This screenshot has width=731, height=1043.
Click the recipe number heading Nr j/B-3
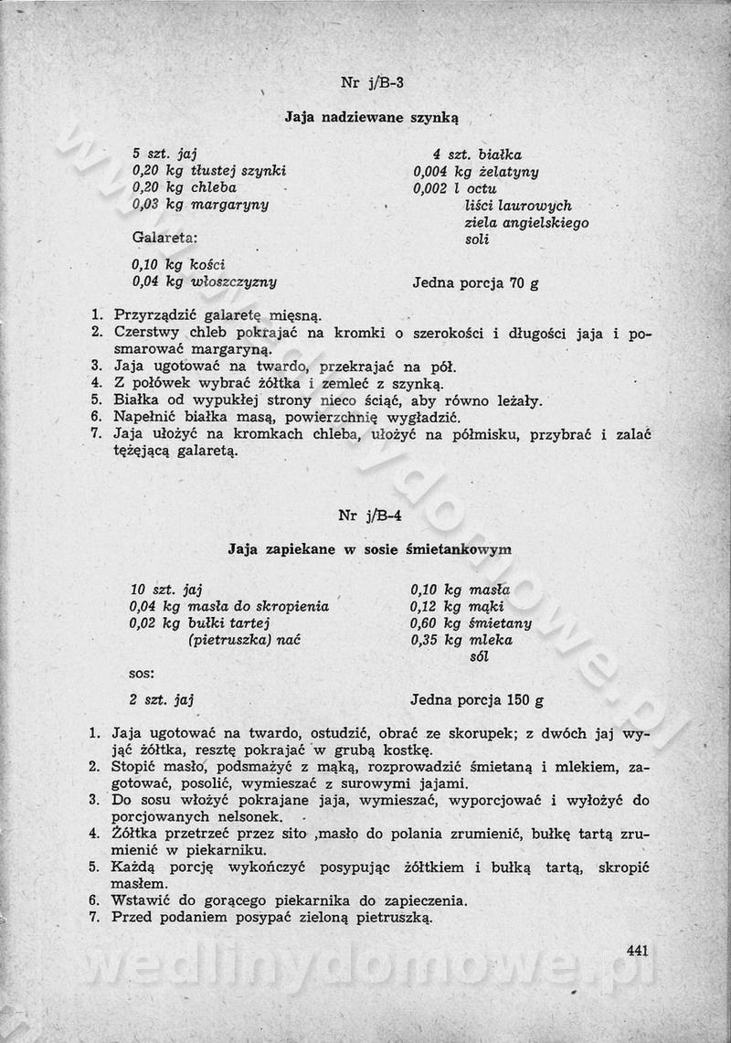pos(372,82)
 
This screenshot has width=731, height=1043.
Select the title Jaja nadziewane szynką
pos(371,117)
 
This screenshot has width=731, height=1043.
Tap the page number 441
pos(638,951)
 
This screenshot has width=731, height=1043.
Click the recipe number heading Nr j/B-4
pos(370,515)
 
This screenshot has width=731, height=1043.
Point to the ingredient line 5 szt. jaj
pos(165,154)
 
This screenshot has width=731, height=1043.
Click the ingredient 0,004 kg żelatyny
pos(475,172)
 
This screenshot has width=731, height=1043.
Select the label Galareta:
pos(164,239)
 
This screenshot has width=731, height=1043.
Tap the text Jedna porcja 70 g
pos(475,282)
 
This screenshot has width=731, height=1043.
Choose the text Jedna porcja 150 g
pos(477,701)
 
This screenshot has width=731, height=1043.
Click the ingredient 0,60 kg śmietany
pos(471,623)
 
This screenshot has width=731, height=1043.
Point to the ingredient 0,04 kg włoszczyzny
pos(205,282)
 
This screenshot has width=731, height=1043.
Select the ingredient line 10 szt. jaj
pos(164,589)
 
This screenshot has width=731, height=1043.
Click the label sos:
pos(142,674)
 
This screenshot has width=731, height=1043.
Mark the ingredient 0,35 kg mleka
pos(461,640)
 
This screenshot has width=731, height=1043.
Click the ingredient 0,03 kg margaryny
pos(200,205)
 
